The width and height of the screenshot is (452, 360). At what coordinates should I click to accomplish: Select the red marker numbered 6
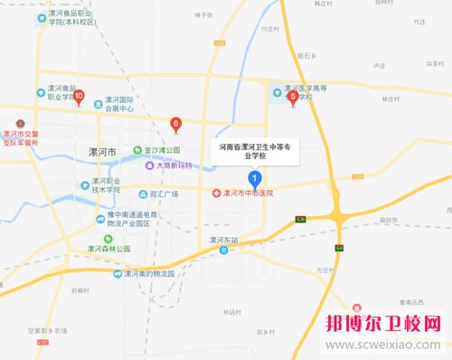[x=175, y=123]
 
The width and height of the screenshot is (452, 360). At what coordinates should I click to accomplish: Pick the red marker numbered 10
[x=79, y=95]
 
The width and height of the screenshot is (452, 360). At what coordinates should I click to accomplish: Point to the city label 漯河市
[x=97, y=153]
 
